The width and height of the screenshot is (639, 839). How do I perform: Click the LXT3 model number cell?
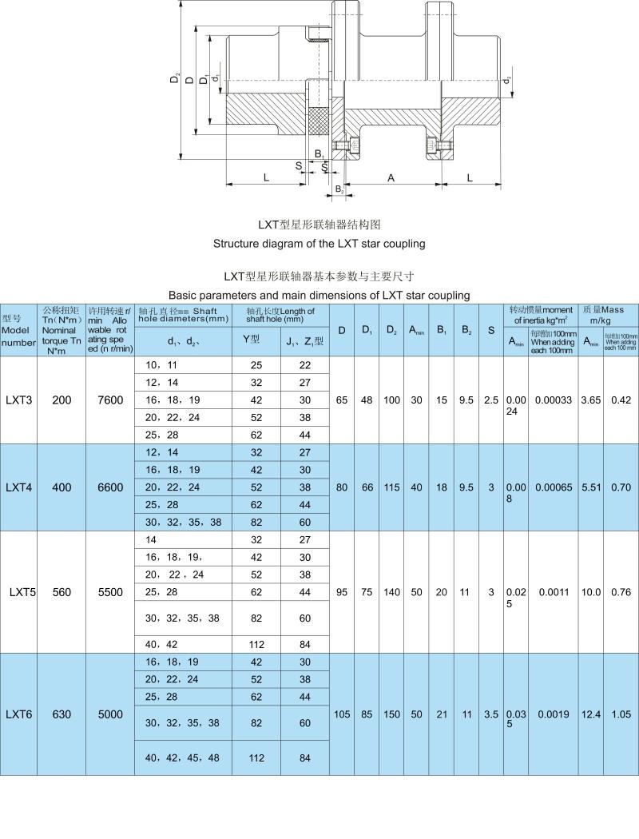click(x=19, y=400)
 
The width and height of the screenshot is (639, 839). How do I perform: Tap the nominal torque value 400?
click(x=62, y=487)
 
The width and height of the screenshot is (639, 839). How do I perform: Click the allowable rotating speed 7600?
click(x=110, y=400)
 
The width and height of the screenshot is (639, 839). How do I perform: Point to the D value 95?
click(x=342, y=592)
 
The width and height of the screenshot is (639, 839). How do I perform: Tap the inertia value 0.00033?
click(x=553, y=400)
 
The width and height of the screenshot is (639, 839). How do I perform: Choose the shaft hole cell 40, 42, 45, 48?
click(x=182, y=757)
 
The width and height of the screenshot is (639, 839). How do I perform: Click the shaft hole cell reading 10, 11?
click(x=161, y=365)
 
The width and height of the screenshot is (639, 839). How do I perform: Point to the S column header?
click(x=491, y=330)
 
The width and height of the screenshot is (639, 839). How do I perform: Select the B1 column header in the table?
click(x=442, y=330)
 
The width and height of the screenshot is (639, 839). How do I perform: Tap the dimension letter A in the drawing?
click(x=391, y=178)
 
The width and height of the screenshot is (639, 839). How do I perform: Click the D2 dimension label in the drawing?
click(x=175, y=79)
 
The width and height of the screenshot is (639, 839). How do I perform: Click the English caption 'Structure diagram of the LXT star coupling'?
click(x=319, y=243)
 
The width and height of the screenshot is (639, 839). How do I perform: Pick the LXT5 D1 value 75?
click(x=367, y=592)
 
